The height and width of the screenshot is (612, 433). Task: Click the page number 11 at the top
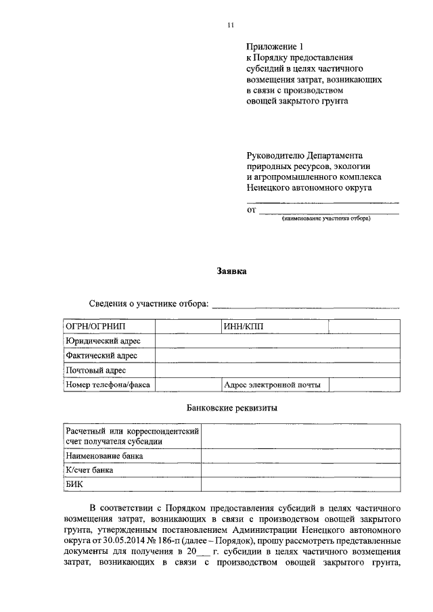[231, 25]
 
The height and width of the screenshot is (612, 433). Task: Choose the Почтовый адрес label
[95, 371]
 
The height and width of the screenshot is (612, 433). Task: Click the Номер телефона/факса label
[107, 385]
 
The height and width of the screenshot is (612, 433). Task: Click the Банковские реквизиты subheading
[231, 408]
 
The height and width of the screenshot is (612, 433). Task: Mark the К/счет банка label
[89, 469]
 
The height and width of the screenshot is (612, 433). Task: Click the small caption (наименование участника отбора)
[326, 219]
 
